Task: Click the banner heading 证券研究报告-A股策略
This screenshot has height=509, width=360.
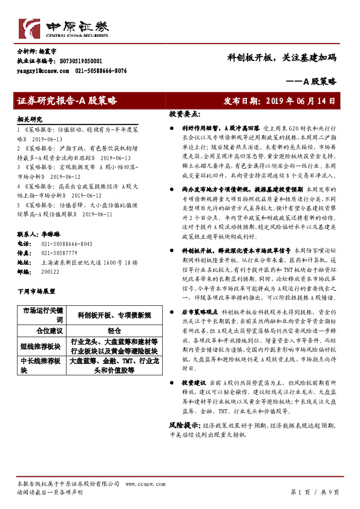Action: click(67, 100)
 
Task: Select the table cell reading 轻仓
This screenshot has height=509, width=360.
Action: click(114, 331)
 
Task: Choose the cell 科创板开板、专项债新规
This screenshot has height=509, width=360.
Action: click(114, 316)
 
